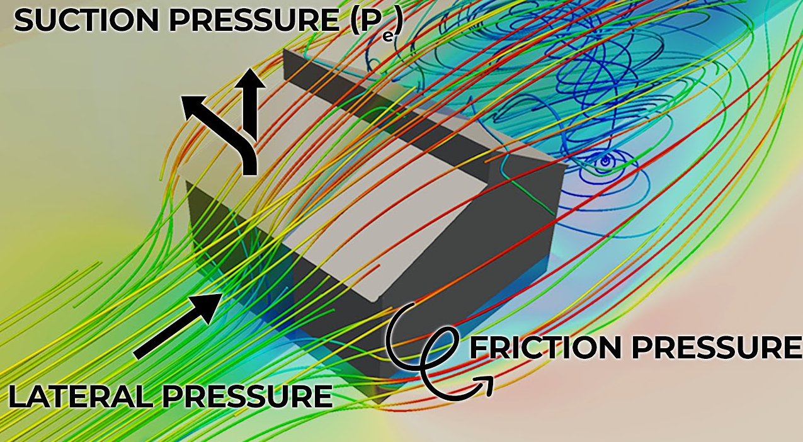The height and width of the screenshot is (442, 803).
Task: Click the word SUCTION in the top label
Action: [86, 21]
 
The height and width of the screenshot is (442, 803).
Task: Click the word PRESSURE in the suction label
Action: [254, 21]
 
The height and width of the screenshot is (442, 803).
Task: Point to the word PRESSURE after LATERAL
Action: [248, 396]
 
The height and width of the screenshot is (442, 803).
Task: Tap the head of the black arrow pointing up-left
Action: [193, 108]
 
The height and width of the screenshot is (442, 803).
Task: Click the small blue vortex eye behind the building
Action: [605, 161]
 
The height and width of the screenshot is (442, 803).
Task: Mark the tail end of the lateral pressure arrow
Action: [137, 356]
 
